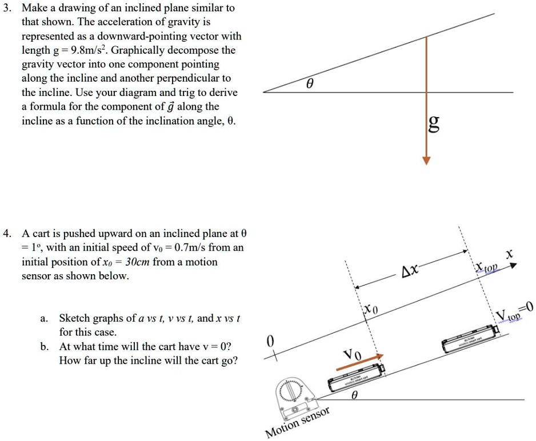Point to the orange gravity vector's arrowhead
point(426,159)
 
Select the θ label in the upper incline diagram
point(309,83)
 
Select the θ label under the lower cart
point(354,395)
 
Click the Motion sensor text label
point(298,423)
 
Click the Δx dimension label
point(409,270)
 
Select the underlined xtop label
point(487,268)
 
